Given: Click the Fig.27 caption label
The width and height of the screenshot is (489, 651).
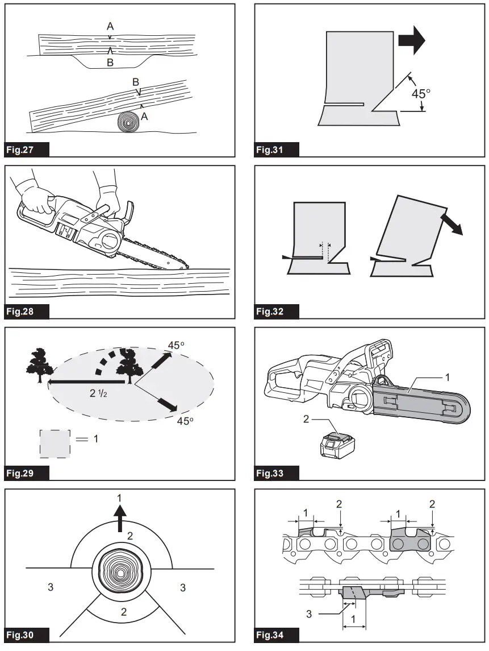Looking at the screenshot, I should (26, 150).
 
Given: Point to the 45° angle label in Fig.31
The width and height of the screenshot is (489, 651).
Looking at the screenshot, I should (420, 94).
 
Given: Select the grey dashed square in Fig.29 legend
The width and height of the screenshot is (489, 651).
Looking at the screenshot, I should (55, 443).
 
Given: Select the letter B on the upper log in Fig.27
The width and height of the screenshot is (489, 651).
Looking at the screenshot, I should (110, 63).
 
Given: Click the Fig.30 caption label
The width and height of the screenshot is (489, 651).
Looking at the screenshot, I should (26, 635).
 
